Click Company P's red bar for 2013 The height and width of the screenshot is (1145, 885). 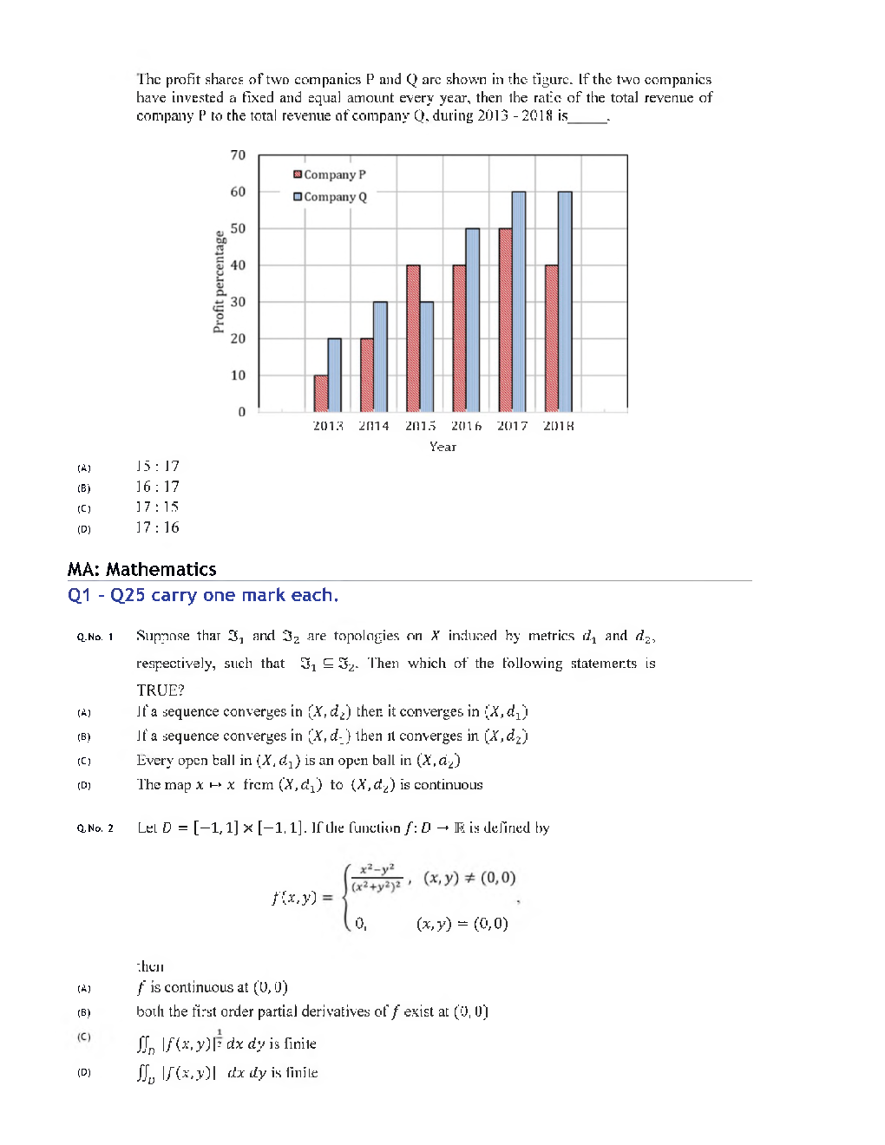point(321,394)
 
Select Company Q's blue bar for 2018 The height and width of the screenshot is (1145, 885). point(565,302)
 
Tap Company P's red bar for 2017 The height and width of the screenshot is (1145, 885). point(505,320)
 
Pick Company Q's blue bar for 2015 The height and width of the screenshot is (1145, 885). point(427,357)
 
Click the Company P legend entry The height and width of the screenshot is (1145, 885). point(330,174)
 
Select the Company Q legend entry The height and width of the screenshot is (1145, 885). point(330,197)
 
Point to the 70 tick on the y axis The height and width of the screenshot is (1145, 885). point(238,155)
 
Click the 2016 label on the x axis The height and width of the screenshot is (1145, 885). point(466,426)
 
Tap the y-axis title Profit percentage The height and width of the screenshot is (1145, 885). point(219,282)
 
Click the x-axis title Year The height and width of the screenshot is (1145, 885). point(442,447)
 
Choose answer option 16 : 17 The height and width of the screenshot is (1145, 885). point(157,487)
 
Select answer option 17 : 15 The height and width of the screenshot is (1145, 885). point(157,507)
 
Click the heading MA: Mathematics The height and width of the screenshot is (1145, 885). point(141,569)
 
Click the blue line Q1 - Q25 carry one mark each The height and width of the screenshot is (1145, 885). point(203,595)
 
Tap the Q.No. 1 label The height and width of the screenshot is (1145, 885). point(95,637)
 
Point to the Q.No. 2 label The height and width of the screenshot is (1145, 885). point(95,828)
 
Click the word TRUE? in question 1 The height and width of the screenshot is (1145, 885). point(160,690)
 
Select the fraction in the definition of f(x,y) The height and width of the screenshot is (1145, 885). point(377,877)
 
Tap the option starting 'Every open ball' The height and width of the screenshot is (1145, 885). point(298,761)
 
